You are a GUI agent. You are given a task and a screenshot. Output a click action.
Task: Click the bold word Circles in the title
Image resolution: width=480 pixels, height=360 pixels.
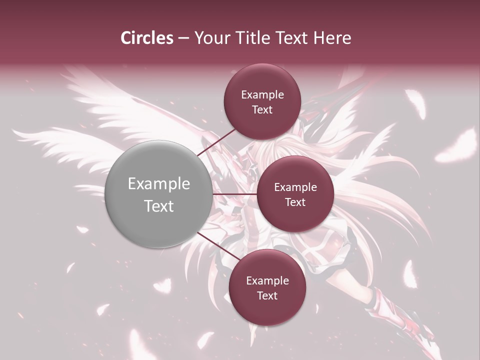pyautogui.click(x=146, y=38)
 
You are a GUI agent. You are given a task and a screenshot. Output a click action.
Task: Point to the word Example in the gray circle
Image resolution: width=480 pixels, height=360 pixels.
pyautogui.click(x=158, y=184)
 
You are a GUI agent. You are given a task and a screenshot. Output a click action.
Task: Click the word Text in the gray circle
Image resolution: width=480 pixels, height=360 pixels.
pyautogui.click(x=158, y=206)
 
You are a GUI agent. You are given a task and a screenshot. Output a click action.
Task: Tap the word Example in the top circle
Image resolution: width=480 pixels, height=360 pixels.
pyautogui.click(x=262, y=94)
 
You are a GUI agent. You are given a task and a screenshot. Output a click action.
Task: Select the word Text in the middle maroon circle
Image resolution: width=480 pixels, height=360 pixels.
pyautogui.click(x=295, y=202)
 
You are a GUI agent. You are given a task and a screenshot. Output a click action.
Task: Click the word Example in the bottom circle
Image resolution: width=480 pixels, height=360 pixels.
pyautogui.click(x=267, y=280)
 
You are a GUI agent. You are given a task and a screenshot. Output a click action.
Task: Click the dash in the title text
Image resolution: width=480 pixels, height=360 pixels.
pyautogui.click(x=183, y=38)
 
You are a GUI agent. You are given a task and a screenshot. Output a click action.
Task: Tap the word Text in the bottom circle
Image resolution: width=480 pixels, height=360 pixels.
pyautogui.click(x=267, y=295)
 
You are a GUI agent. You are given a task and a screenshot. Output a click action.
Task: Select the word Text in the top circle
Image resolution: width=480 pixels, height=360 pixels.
pyautogui.click(x=262, y=109)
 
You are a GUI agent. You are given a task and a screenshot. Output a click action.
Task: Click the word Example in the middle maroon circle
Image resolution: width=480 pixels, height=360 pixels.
pyautogui.click(x=295, y=187)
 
